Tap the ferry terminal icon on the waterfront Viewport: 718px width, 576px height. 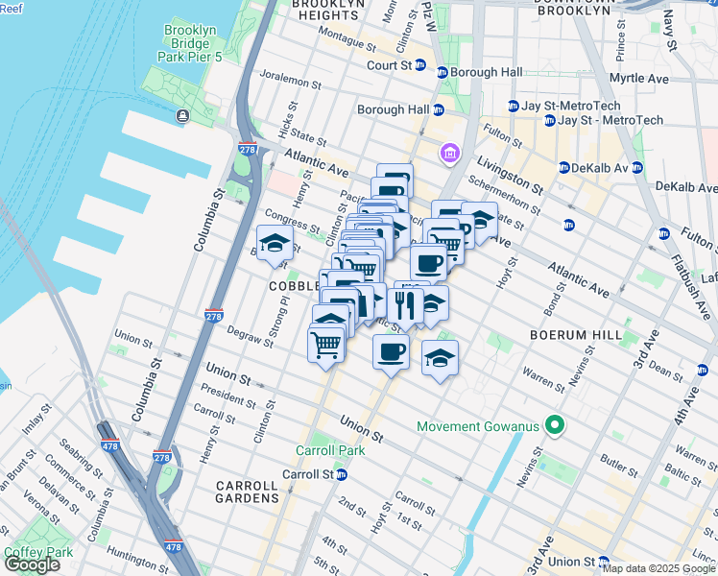182,116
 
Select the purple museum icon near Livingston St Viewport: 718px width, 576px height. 447,153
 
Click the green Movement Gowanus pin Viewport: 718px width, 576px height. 553,424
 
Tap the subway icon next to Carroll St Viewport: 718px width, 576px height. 341,474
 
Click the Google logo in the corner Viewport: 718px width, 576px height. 32,564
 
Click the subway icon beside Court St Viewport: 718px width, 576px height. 442,72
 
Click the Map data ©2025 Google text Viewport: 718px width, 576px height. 658,568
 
